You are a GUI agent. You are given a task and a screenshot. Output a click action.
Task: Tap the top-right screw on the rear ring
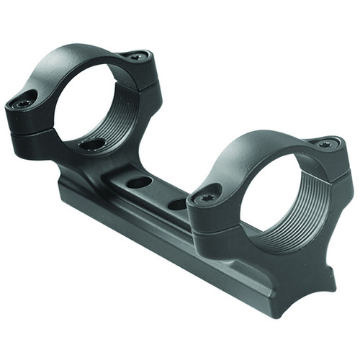pyautogui.click(x=135, y=56)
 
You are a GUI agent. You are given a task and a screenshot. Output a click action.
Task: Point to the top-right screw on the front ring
pyautogui.click(x=325, y=144)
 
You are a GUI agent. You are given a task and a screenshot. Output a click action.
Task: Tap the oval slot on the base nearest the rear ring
pyautogui.click(x=139, y=183)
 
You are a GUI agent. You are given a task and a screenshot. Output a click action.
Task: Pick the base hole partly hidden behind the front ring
pyautogui.click(x=178, y=204)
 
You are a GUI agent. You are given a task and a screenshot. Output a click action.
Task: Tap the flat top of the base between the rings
pyautogui.click(x=155, y=191)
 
